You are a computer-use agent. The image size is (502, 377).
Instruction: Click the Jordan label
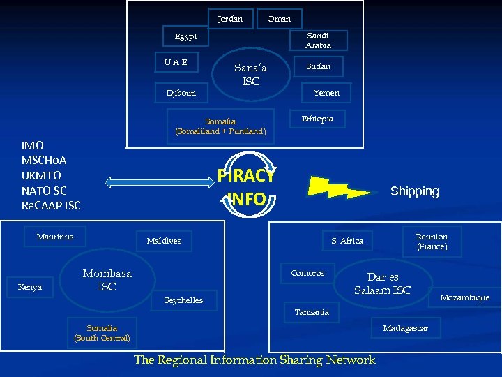click(230, 19)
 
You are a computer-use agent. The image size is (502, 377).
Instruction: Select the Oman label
click(279, 19)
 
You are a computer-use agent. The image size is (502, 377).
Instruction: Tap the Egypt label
click(185, 36)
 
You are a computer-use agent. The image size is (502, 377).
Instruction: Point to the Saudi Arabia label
click(317, 40)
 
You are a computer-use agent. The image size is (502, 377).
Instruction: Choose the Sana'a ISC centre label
click(251, 75)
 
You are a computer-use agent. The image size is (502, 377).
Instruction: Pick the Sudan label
click(318, 66)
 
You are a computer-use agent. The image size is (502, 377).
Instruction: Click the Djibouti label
click(181, 93)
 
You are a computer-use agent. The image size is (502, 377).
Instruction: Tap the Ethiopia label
click(317, 119)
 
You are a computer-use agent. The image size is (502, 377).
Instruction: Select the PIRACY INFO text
click(247, 187)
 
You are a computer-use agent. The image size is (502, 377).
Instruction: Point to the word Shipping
click(415, 191)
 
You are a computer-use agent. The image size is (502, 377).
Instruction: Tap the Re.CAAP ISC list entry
click(51, 205)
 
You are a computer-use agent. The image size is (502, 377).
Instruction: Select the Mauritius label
click(55, 237)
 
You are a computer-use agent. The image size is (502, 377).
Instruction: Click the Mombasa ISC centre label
click(107, 280)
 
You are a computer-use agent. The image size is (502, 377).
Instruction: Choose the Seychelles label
click(183, 300)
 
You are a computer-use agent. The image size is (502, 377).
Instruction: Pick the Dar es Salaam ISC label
click(383, 283)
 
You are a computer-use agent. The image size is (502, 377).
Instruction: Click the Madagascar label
click(406, 328)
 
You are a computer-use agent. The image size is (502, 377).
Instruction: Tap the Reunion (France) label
click(432, 242)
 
